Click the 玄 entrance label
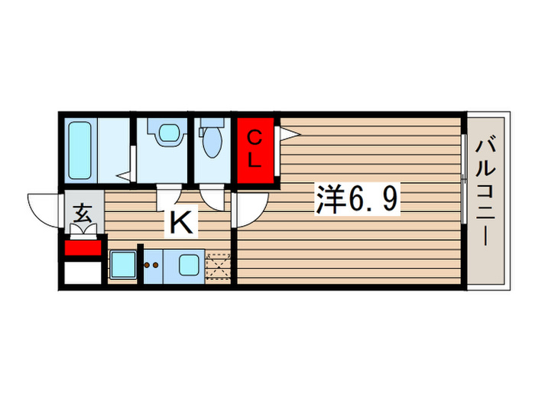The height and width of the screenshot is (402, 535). [x=83, y=215]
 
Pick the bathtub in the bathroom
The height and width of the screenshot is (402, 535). [x=80, y=149]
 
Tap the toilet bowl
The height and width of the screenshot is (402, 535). [x=212, y=142]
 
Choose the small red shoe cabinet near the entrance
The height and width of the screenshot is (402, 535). [x=83, y=248]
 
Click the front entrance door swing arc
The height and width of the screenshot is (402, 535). [x=44, y=208]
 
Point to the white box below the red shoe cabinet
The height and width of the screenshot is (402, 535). [x=83, y=273]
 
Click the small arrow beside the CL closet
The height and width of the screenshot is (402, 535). [x=289, y=135]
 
